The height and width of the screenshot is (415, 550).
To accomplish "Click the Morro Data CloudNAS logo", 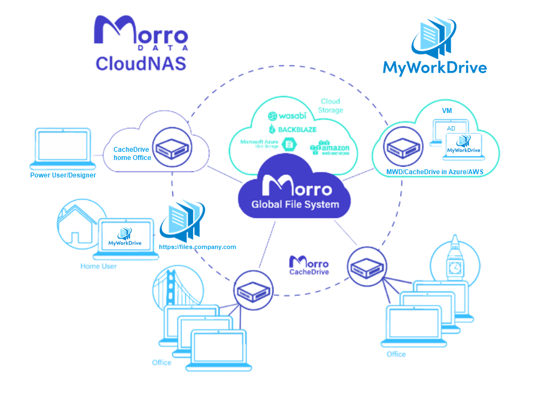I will coord(141,44).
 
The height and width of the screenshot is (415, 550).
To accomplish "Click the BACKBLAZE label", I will coord(292,129).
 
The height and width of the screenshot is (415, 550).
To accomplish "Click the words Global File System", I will coord(295,205).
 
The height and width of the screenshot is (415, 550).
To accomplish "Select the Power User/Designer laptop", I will coord(62,149).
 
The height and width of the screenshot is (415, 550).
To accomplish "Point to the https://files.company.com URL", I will coord(197,247).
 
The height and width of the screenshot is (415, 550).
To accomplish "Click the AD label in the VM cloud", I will coord(451,128).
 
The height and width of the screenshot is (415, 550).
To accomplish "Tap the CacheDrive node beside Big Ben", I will coord(364,264).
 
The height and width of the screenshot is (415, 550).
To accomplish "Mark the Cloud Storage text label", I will coord(331,105).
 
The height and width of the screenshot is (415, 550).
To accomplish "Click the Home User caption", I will coord(98,266).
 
